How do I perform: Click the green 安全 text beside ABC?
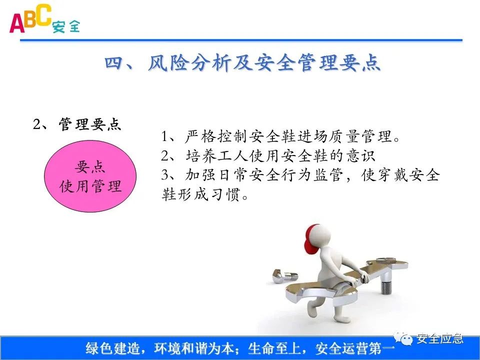point(66,26)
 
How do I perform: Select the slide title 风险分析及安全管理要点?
point(264,63)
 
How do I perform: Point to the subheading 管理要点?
point(90,124)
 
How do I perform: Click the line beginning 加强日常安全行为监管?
point(300,175)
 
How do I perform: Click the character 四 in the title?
point(115,63)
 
